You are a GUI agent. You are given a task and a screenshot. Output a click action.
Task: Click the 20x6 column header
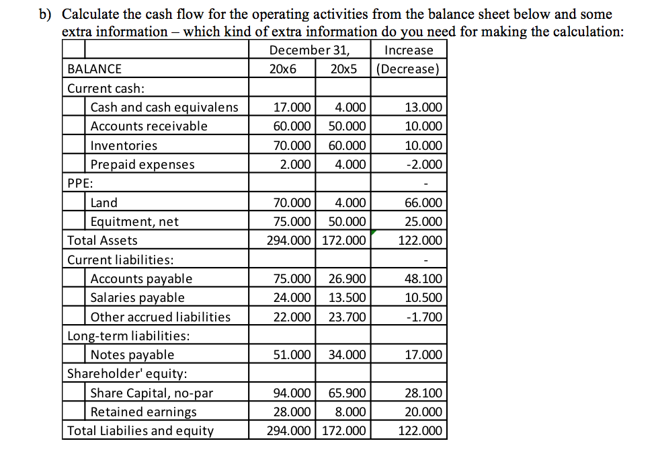coord(282,69)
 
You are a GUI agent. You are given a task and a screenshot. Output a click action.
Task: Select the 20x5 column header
coord(344,69)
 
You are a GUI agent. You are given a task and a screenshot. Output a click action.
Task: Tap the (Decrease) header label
coord(408,69)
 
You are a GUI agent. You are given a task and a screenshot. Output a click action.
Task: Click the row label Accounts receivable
coord(149,126)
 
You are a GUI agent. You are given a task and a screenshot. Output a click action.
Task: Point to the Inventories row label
coord(124,146)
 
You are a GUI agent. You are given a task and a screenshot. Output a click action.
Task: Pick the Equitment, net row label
coord(134,222)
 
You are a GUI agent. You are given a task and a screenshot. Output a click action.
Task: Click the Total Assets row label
coord(102,241)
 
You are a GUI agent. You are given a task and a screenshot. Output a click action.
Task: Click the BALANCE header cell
coord(95,69)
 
